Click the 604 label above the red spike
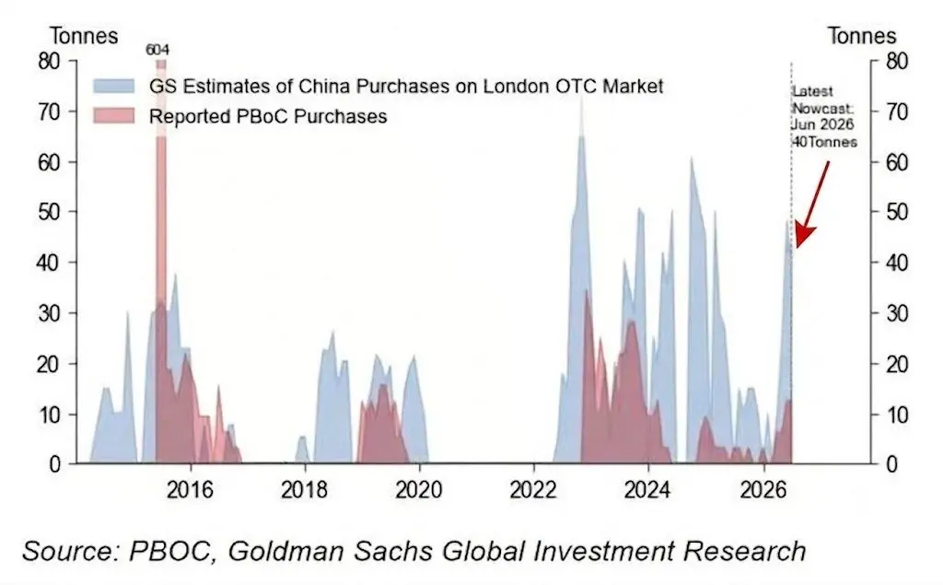(157, 50)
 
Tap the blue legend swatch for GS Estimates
(113, 86)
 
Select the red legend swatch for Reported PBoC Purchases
(113, 115)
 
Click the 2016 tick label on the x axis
(190, 490)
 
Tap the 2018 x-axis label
(304, 490)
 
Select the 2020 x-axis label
(419, 490)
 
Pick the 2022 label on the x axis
(533, 490)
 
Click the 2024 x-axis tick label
(647, 490)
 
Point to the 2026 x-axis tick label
(763, 490)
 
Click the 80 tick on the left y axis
(50, 61)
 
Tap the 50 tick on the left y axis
(50, 212)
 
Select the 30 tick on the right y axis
(897, 313)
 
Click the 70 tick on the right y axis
(897, 111)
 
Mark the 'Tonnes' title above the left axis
(84, 36)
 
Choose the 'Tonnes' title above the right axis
(862, 36)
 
